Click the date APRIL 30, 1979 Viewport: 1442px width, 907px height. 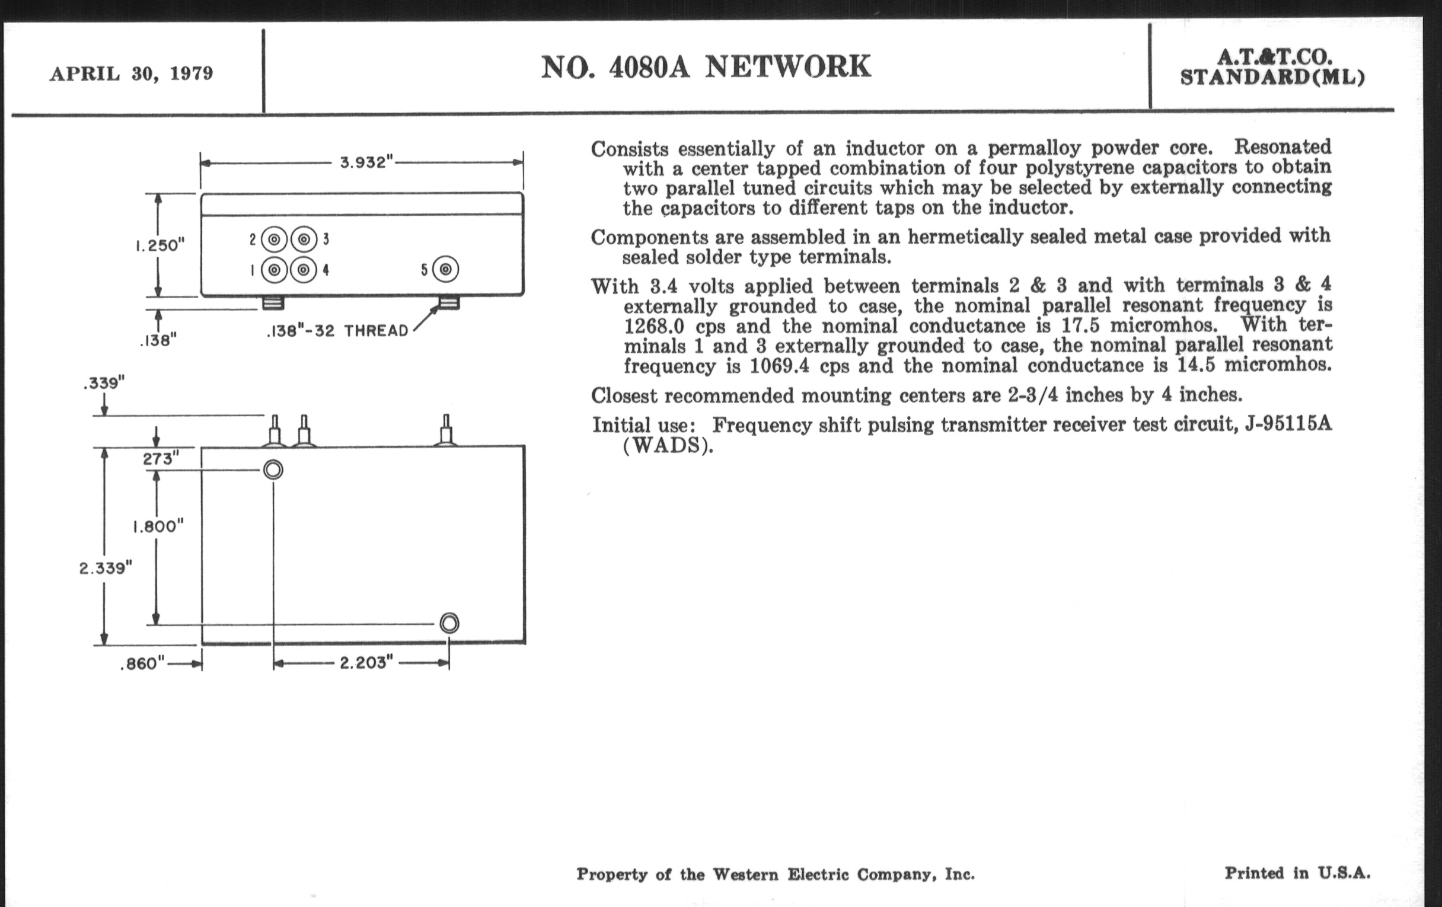pyautogui.click(x=131, y=74)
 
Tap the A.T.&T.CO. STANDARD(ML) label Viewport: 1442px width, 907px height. pyautogui.click(x=1272, y=68)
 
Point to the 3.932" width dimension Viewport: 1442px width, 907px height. pyautogui.click(x=366, y=162)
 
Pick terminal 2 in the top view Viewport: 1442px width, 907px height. pyautogui.click(x=274, y=239)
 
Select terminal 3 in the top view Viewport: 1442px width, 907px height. pyautogui.click(x=304, y=239)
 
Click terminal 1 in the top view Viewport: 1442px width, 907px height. pyautogui.click(x=274, y=270)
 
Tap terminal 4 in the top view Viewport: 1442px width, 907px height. pyautogui.click(x=304, y=270)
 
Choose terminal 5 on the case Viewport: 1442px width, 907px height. pyautogui.click(x=445, y=269)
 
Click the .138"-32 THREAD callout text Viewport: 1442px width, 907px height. pyautogui.click(x=337, y=330)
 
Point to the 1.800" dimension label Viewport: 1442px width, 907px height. pyautogui.click(x=158, y=526)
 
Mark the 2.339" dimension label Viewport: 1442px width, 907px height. pyautogui.click(x=106, y=567)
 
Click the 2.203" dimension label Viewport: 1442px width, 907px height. pyautogui.click(x=366, y=663)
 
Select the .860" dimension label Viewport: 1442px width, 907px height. pyautogui.click(x=142, y=664)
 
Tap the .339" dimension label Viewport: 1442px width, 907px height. pyautogui.click(x=104, y=382)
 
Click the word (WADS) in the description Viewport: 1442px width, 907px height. pyautogui.click(x=668, y=446)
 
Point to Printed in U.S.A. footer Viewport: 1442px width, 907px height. pyautogui.click(x=1297, y=873)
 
